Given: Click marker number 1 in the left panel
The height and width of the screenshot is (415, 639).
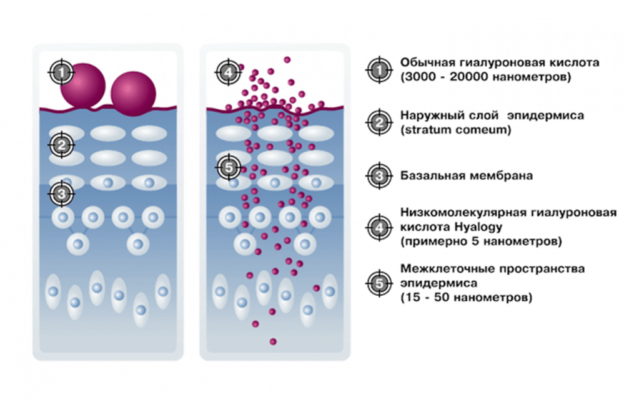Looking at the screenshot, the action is [61, 72].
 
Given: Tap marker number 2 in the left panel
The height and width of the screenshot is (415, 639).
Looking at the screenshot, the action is [61, 145].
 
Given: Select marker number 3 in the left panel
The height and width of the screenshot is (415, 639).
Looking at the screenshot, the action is [61, 193].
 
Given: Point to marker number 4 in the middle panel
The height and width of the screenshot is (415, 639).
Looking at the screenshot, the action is [228, 72].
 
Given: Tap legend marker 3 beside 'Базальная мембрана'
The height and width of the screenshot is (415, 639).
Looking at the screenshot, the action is [379, 176].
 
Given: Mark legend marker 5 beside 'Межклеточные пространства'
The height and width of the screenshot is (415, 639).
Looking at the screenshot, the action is [379, 283].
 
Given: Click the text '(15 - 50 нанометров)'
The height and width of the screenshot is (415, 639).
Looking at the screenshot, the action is [466, 298].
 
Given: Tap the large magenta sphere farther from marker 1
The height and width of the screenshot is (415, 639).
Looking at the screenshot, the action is [132, 94].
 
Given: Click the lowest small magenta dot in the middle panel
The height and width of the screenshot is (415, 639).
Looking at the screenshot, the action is [273, 341].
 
